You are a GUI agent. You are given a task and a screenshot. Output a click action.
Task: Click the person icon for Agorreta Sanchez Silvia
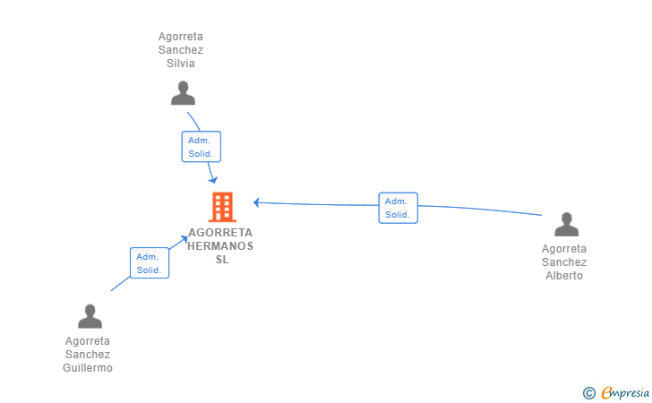click(x=183, y=93)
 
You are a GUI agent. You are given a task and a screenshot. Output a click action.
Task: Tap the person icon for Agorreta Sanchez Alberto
click(x=566, y=224)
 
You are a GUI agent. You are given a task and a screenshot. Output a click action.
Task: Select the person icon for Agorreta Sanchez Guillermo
click(x=90, y=316)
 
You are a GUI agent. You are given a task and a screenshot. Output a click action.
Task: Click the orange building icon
click(x=222, y=207)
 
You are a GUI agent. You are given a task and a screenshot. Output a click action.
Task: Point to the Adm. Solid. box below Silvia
click(x=202, y=147)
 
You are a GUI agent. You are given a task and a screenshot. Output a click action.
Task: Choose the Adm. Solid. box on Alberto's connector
click(x=398, y=208)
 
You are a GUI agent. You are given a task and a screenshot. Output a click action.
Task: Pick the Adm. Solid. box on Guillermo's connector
click(x=150, y=262)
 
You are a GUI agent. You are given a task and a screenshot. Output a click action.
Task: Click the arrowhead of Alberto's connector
click(x=256, y=202)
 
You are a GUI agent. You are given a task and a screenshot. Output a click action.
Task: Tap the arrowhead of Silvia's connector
click(x=213, y=180)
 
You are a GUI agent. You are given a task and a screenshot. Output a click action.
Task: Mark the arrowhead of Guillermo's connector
click(x=184, y=239)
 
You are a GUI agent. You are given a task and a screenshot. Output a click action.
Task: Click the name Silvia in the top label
click(x=181, y=64)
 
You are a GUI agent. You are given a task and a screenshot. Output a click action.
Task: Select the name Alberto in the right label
click(x=564, y=276)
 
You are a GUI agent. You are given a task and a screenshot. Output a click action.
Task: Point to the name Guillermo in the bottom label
click(x=88, y=368)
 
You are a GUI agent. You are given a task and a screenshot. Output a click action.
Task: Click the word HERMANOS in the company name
click(x=220, y=246)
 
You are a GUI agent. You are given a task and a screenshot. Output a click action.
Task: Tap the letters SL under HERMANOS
click(x=222, y=260)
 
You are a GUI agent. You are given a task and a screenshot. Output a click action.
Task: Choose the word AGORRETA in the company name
click(x=220, y=233)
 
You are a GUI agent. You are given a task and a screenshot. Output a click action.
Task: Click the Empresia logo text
click(x=625, y=392)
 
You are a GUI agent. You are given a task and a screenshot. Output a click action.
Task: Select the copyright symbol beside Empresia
click(x=589, y=393)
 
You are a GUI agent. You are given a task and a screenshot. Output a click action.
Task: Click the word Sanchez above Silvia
click(x=181, y=50)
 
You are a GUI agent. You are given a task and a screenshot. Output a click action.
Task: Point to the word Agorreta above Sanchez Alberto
click(x=564, y=249)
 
